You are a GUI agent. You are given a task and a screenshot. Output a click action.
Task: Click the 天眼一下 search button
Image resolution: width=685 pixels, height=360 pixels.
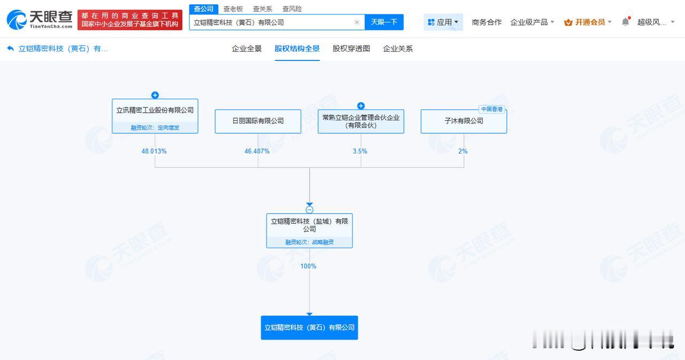[384, 22]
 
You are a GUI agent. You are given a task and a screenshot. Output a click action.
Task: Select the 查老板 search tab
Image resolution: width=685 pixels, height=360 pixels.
[233, 9]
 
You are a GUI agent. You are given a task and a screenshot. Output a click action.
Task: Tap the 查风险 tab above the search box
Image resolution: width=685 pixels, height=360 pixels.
[292, 9]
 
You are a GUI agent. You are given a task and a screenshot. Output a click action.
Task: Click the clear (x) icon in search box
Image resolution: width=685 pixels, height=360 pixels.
[356, 22]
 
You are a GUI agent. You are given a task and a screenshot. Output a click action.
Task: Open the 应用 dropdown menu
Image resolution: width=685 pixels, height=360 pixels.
[443, 22]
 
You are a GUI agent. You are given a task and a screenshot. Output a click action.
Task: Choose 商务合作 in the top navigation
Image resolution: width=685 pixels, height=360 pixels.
[486, 22]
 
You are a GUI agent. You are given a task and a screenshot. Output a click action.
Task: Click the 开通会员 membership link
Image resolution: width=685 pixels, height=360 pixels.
[588, 22]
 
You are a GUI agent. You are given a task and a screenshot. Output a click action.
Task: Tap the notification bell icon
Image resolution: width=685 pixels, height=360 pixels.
[626, 22]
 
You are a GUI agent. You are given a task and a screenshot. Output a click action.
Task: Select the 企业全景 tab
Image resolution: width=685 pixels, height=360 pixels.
[247, 49]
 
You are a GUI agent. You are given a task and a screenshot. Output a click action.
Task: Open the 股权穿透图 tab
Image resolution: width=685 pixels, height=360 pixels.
[351, 49]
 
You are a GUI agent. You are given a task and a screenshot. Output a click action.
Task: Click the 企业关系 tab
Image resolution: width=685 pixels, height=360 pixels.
[398, 49]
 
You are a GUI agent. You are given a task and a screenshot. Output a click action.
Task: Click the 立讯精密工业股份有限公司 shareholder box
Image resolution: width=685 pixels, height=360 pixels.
[155, 116]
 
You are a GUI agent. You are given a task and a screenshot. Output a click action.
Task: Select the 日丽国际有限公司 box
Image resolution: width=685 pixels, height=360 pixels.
[258, 121]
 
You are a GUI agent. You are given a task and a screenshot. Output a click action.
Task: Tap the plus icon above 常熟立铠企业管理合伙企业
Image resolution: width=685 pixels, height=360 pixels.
[361, 106]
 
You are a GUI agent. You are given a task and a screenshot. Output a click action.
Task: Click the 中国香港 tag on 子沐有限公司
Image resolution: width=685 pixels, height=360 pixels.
[492, 109]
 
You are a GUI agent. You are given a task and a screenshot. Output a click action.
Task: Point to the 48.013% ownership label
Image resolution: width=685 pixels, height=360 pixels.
[154, 151]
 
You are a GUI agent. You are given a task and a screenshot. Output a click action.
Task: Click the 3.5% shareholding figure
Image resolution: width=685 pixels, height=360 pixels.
[360, 151]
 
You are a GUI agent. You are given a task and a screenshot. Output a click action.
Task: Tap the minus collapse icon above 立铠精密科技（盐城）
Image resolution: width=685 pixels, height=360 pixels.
[309, 210]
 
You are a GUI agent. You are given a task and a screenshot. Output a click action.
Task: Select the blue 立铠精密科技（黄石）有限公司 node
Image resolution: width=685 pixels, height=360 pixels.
[309, 327]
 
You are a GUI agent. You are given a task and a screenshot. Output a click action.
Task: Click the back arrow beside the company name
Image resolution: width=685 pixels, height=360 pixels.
[10, 48]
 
